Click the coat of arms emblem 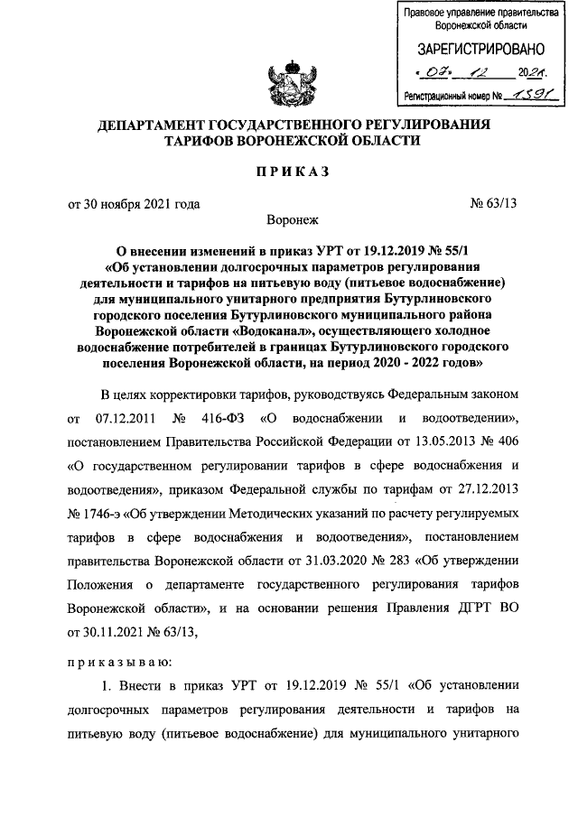(288, 82)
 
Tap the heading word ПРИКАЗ (288, 172)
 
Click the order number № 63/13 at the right (493, 203)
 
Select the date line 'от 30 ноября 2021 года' (135, 203)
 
